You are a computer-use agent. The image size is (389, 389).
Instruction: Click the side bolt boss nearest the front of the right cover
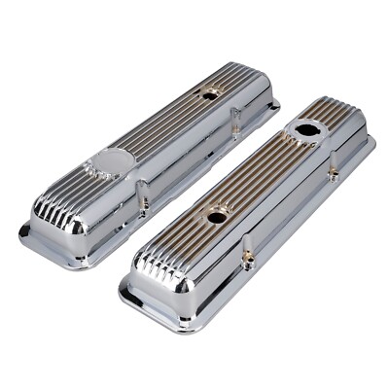pyautogui.click(x=248, y=257)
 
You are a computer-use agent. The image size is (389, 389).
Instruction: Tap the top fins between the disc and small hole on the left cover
pyautogui.click(x=165, y=126)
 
